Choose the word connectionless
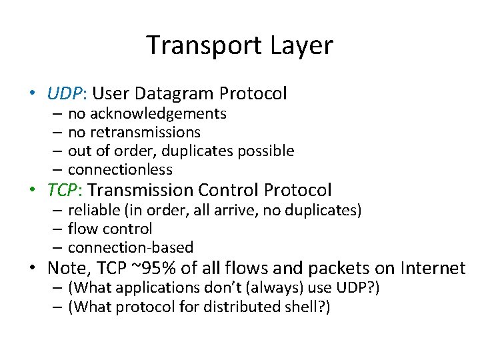point(120,170)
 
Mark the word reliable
point(93,211)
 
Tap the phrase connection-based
point(131,248)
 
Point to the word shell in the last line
point(299,307)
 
